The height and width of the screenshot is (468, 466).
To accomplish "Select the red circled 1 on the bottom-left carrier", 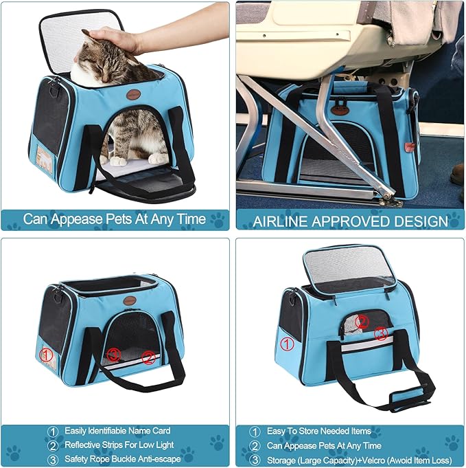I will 46,355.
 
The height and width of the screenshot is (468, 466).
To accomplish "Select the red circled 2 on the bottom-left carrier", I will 148,357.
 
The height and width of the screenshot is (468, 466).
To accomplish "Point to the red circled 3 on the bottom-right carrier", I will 382,334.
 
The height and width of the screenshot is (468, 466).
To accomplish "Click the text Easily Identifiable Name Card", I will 117,431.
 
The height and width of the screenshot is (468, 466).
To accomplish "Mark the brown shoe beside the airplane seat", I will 458,174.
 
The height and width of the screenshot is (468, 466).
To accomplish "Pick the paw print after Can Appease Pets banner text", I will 218,221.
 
